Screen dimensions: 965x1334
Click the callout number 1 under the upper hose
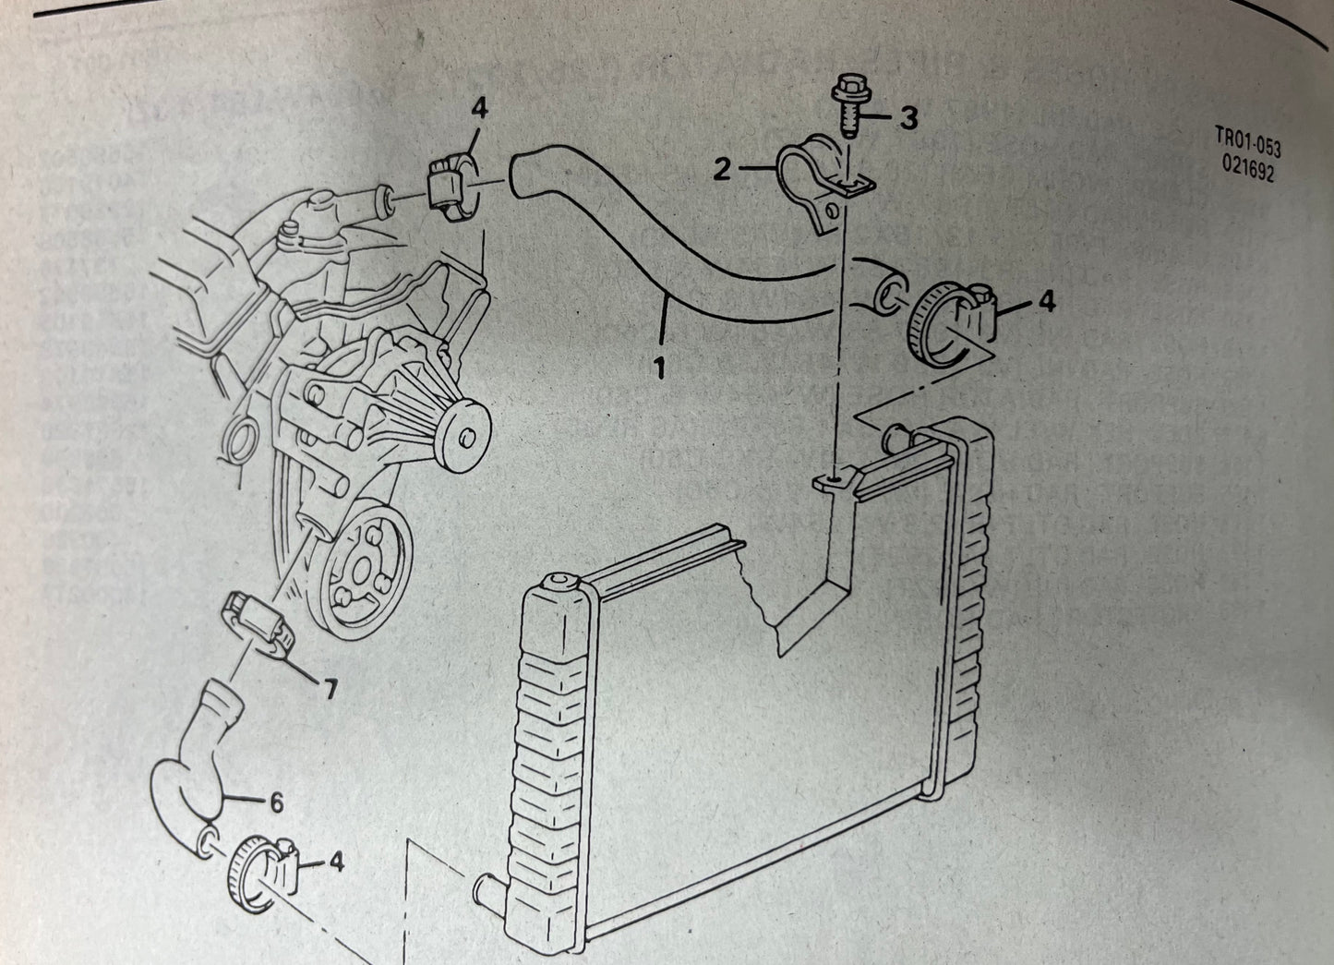click(660, 368)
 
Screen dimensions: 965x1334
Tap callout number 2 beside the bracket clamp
click(723, 168)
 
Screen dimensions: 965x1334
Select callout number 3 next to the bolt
click(909, 119)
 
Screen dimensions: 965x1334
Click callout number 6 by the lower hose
click(276, 803)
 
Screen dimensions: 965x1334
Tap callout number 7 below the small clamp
click(329, 687)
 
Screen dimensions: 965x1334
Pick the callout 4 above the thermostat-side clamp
click(477, 109)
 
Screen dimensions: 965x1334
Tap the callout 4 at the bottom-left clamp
click(335, 862)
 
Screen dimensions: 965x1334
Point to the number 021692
click(1247, 169)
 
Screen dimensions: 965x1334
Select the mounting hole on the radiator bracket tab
click(835, 477)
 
